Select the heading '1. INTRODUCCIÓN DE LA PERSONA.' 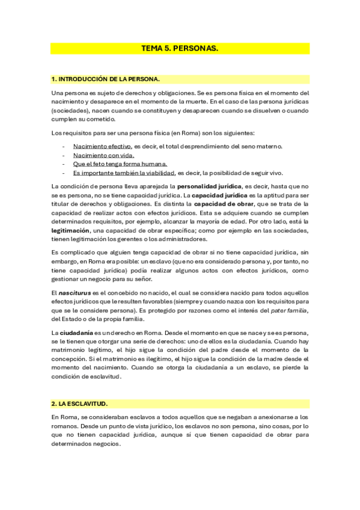click(105, 79)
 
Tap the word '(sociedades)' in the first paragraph click(69, 111)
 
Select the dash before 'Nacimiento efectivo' click(64, 146)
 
